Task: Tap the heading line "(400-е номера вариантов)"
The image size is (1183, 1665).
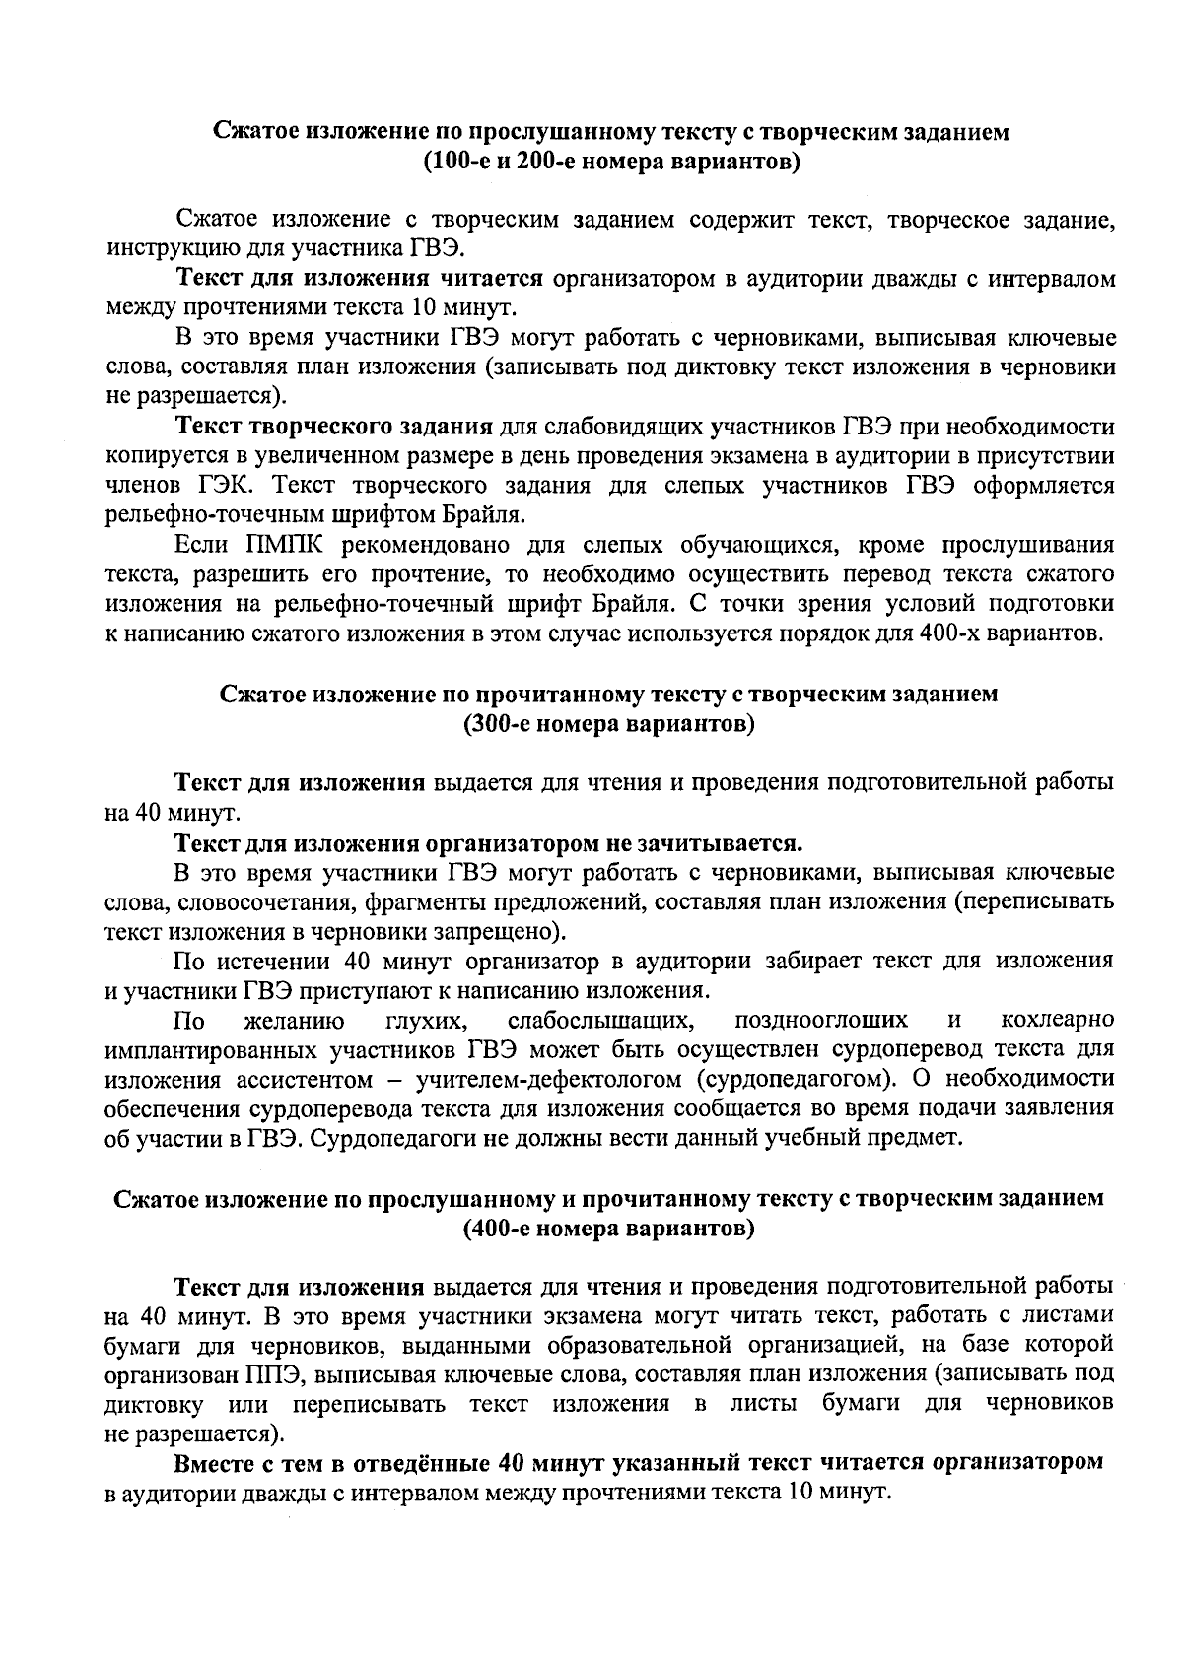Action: click(608, 1229)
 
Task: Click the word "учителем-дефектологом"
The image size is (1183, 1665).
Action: click(547, 1078)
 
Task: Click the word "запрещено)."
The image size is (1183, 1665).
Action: click(505, 931)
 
